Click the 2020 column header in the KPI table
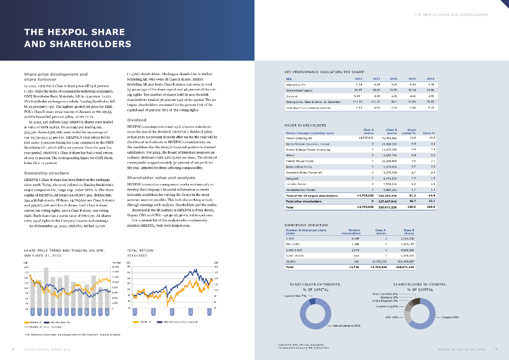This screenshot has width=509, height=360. (x=393, y=79)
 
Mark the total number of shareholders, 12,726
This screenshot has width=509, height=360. (x=354, y=267)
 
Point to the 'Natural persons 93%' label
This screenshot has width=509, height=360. (x=347, y=326)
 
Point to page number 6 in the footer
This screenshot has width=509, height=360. (x=13, y=350)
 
